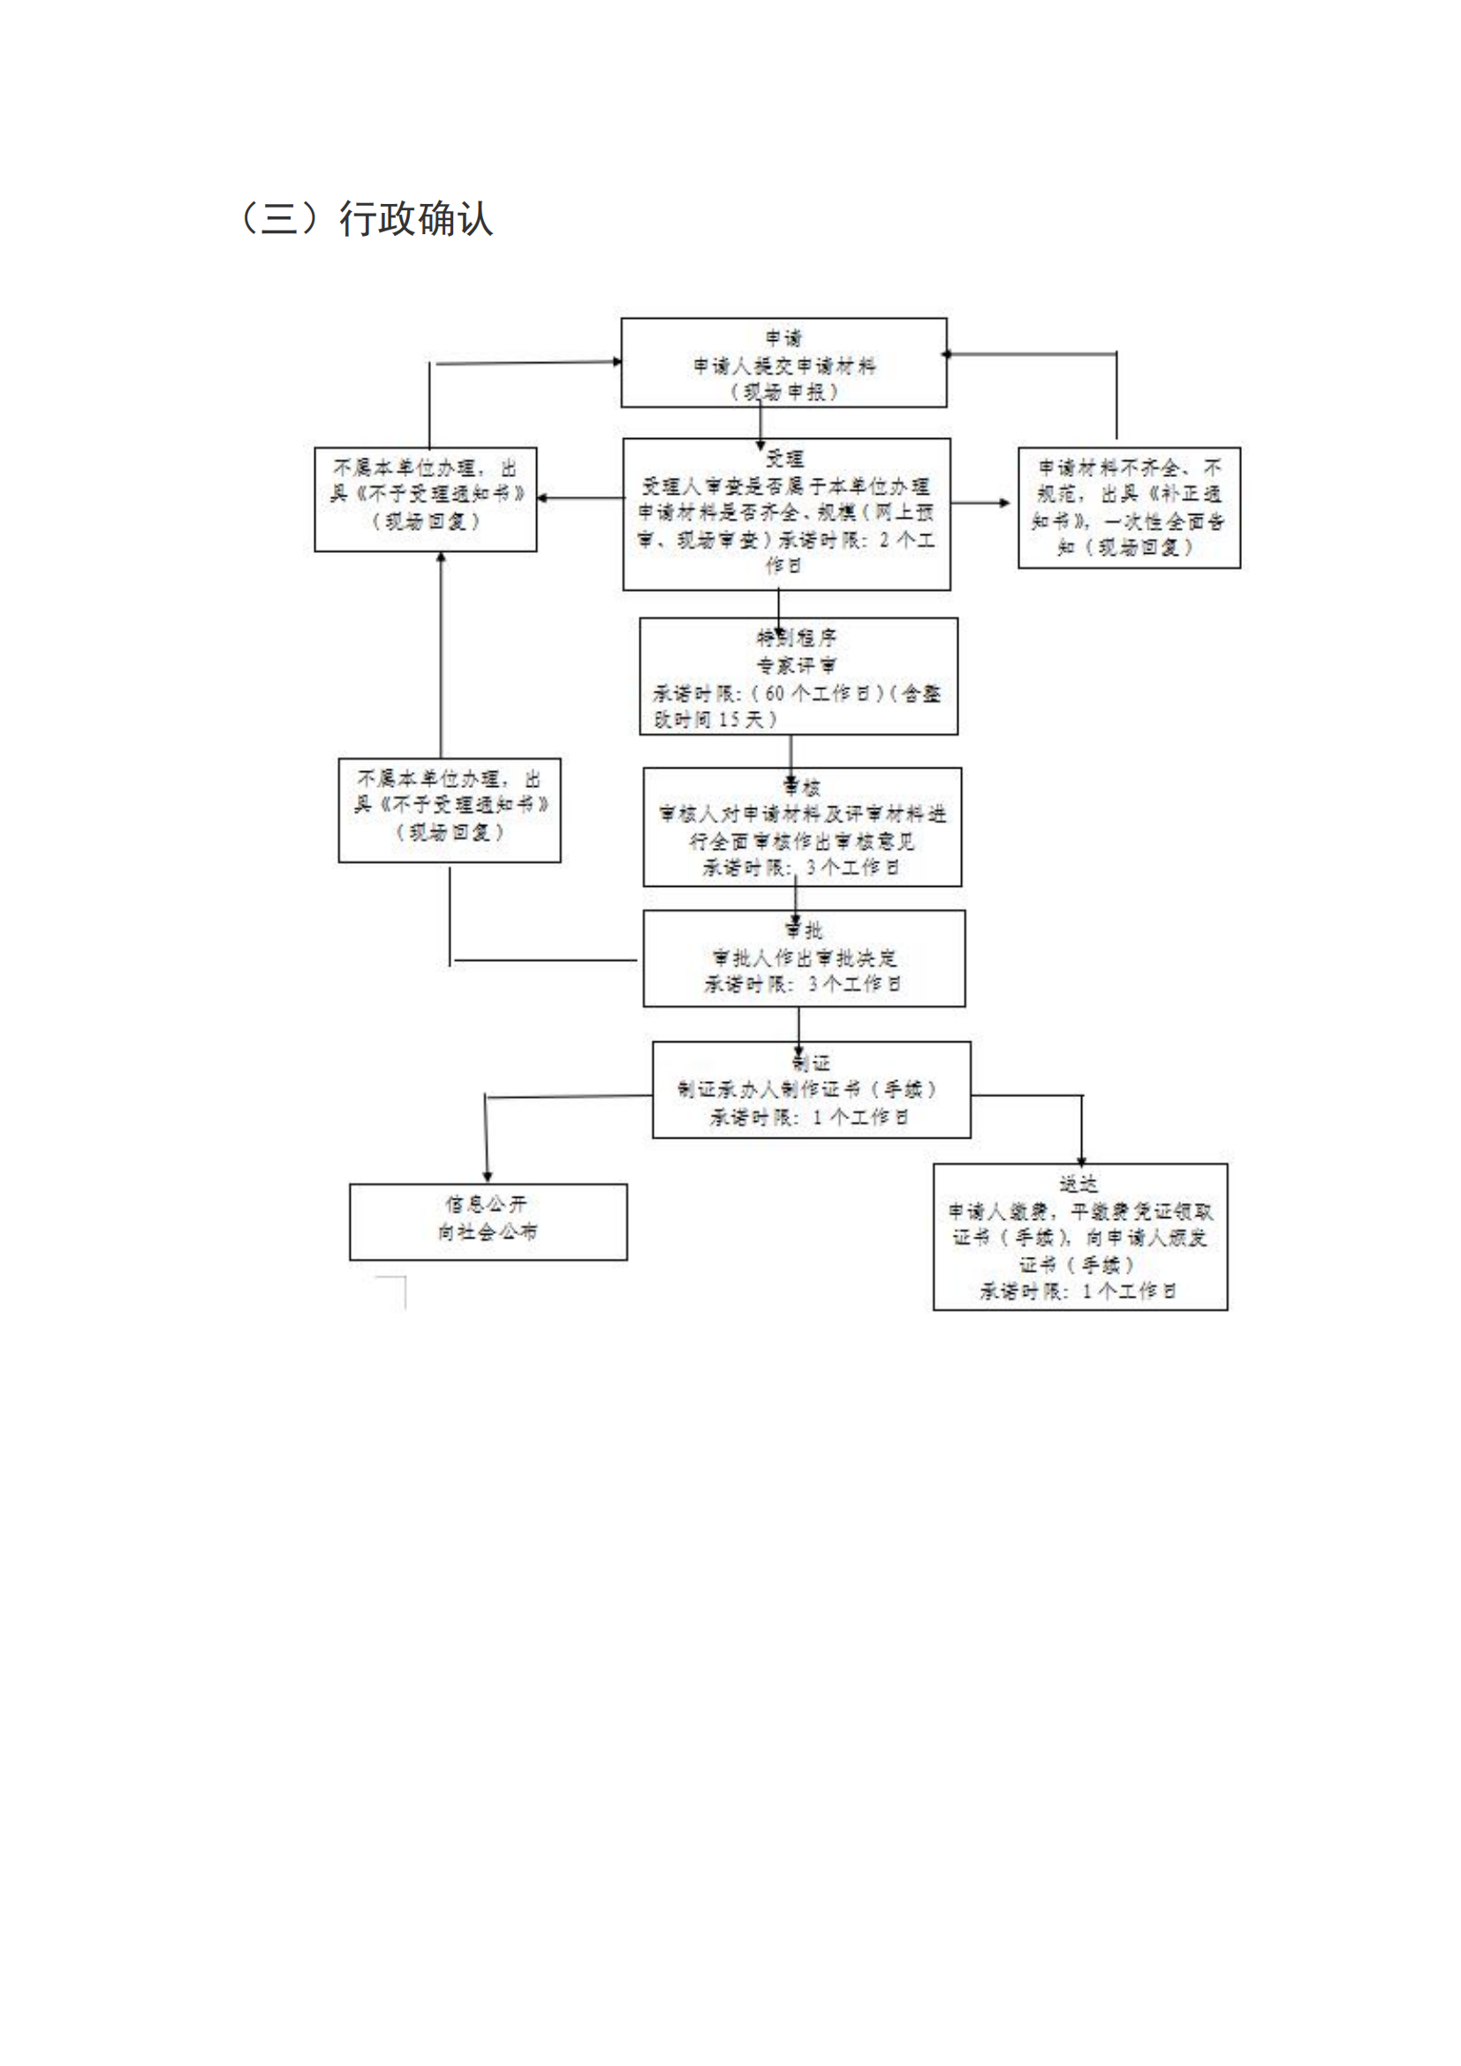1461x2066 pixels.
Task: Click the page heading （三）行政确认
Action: pyautogui.click(x=367, y=219)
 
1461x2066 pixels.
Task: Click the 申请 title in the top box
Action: pyautogui.click(x=783, y=338)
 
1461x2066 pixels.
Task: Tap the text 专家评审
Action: pyautogui.click(x=797, y=666)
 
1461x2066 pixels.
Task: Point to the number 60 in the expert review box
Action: pyautogui.click(x=775, y=693)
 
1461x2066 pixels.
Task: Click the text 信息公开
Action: pyautogui.click(x=487, y=1204)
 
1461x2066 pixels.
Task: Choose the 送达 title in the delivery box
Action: pyautogui.click(x=1078, y=1184)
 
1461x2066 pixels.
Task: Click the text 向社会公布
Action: pyautogui.click(x=488, y=1232)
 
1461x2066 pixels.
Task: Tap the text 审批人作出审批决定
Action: pyautogui.click(x=805, y=958)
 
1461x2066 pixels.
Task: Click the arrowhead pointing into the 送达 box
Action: pyautogui.click(x=1081, y=1161)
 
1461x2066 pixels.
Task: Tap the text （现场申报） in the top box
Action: pyautogui.click(x=783, y=392)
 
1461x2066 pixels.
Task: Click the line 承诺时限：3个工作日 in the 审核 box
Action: pyautogui.click(x=800, y=867)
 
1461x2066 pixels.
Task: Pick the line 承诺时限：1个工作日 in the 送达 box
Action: pyautogui.click(x=1078, y=1291)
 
